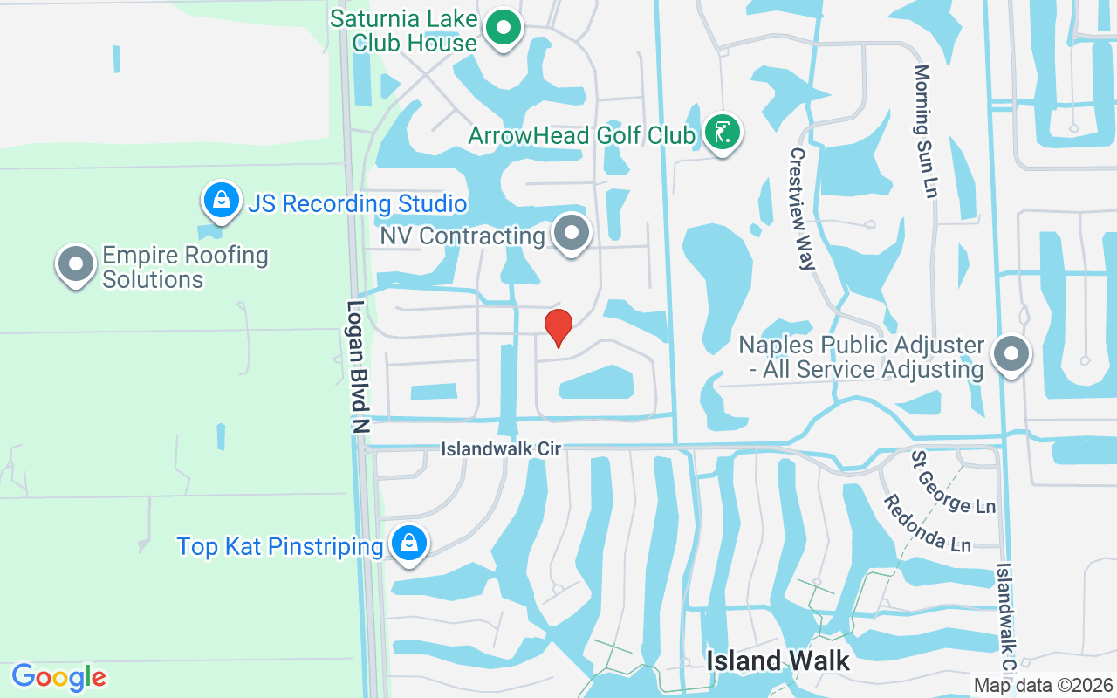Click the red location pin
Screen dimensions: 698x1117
pyautogui.click(x=558, y=327)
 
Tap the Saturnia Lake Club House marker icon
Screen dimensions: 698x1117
pyautogui.click(x=503, y=29)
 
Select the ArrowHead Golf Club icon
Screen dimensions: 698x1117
pyautogui.click(x=722, y=133)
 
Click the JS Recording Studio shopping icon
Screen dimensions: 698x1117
pyautogui.click(x=222, y=200)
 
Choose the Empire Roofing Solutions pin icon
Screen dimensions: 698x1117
pyautogui.click(x=76, y=263)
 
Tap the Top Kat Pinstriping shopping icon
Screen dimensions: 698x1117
pyautogui.click(x=408, y=543)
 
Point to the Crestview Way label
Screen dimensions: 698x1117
pyautogui.click(x=802, y=209)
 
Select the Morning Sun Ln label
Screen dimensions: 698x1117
pyautogui.click(x=924, y=131)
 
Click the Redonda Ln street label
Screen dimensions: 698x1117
pyautogui.click(x=927, y=523)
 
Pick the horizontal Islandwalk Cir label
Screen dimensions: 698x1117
pyautogui.click(x=501, y=448)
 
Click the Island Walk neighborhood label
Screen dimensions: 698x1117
pyautogui.click(x=778, y=660)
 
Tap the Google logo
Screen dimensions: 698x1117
pyautogui.click(x=58, y=677)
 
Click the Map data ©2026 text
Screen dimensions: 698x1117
pyautogui.click(x=1044, y=685)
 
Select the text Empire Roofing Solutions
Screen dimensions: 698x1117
pyautogui.click(x=185, y=267)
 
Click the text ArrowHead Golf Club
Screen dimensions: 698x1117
pyautogui.click(x=581, y=135)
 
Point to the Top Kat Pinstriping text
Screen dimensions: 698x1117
pyautogui.click(x=280, y=547)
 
